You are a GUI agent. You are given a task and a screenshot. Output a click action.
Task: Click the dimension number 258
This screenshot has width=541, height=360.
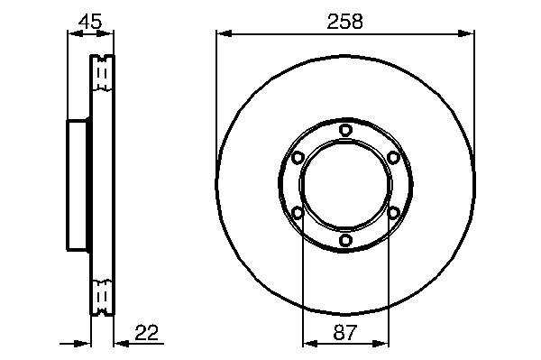(344, 22)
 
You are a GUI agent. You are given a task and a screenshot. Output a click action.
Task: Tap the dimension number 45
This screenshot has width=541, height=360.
(90, 22)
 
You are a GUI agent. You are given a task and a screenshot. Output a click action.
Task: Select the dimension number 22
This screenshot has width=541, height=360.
(147, 333)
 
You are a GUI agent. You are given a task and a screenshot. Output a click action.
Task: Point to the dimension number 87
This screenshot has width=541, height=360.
(344, 333)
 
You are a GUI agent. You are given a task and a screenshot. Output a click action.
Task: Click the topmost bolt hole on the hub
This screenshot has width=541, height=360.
(345, 130)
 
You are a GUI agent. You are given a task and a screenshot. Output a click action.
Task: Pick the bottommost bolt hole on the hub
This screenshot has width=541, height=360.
(345, 240)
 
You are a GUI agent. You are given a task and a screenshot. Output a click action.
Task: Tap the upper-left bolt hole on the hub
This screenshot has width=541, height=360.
(297, 158)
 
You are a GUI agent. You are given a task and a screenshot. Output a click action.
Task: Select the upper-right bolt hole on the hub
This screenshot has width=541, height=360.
(393, 158)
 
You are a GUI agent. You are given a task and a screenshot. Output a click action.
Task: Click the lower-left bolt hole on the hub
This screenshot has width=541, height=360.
(297, 213)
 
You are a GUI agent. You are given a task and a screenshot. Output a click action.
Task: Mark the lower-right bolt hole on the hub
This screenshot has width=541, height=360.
(393, 213)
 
